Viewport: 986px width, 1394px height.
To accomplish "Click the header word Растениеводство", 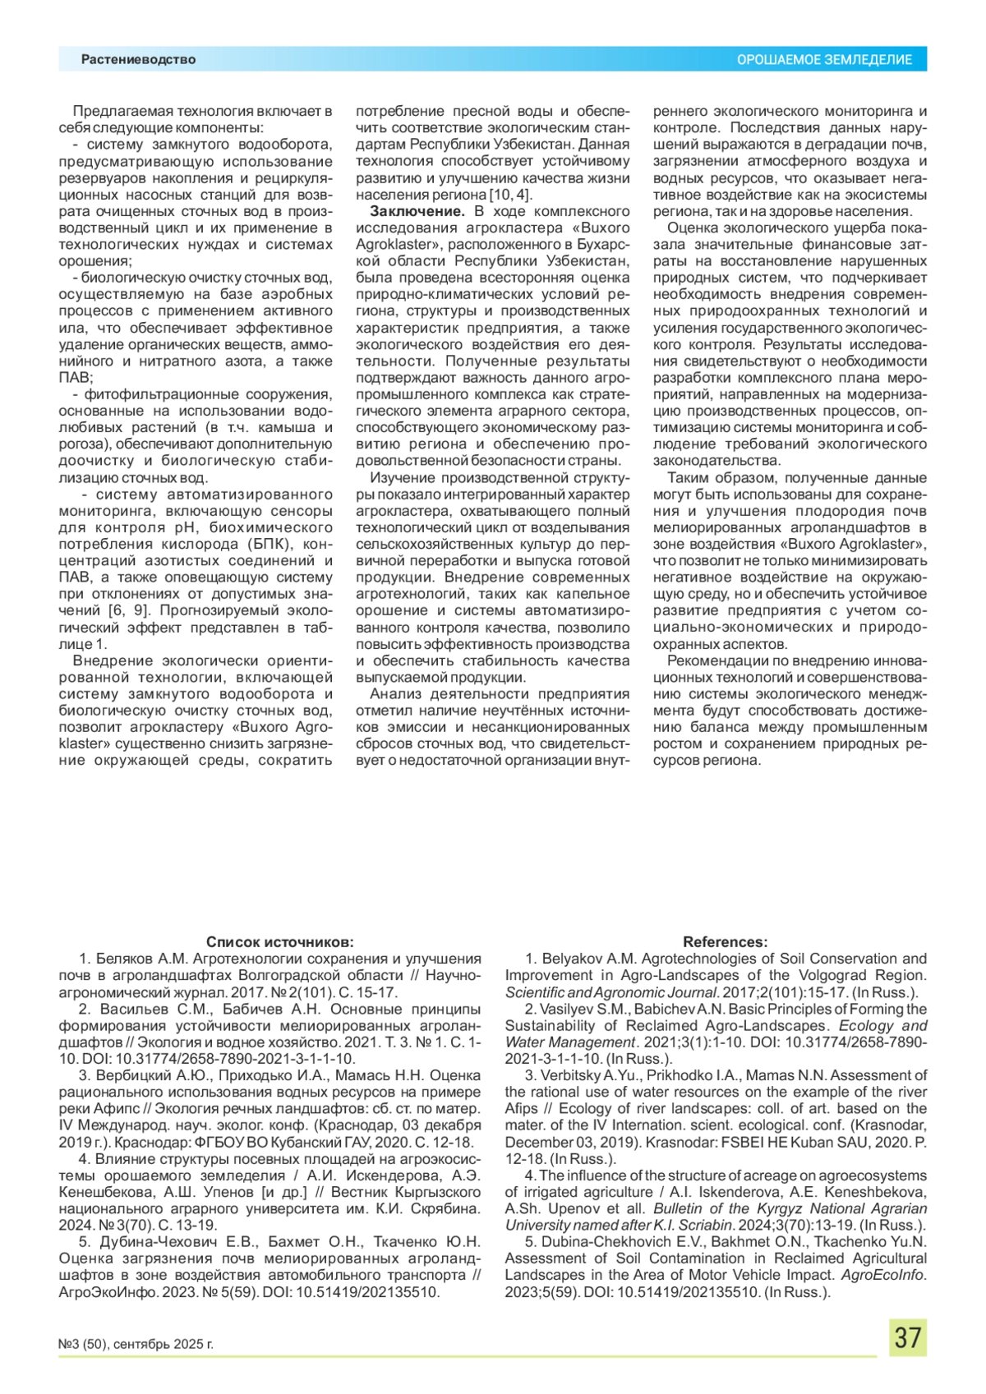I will (x=138, y=59).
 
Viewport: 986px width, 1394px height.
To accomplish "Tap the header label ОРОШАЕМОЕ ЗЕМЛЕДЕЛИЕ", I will (x=823, y=60).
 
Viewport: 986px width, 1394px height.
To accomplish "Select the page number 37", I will (x=907, y=1337).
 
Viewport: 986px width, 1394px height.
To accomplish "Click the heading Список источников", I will (x=279, y=941).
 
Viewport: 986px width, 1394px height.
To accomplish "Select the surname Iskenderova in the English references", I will (x=726, y=1192).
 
